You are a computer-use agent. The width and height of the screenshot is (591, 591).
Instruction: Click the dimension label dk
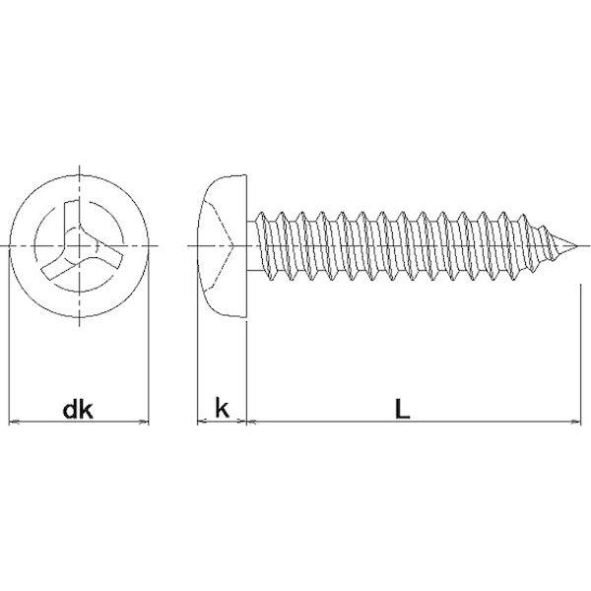[78, 410]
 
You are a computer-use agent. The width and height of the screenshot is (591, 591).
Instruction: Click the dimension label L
[402, 409]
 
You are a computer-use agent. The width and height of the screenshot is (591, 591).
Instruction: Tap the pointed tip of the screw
[577, 246]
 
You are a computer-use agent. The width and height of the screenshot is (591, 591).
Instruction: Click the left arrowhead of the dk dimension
[13, 422]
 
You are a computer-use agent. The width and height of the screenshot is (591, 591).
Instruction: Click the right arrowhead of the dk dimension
[145, 422]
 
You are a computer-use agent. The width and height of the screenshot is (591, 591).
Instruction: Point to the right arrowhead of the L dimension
[576, 422]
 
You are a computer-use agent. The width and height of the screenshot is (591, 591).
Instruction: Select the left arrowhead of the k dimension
[202, 422]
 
